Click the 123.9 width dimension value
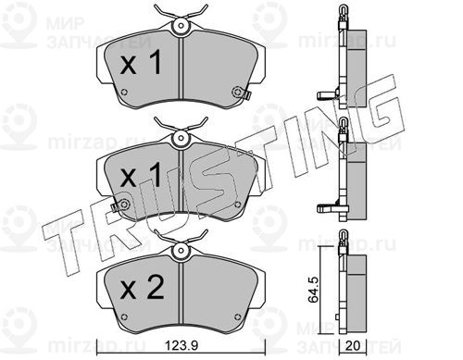(181, 345)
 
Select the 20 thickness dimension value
(353, 345)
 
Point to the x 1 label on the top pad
(141, 63)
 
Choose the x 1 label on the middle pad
(141, 176)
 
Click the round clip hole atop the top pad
(181, 26)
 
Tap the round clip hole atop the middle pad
(181, 137)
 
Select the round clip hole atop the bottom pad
(181, 250)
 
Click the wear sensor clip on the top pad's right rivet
(242, 93)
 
